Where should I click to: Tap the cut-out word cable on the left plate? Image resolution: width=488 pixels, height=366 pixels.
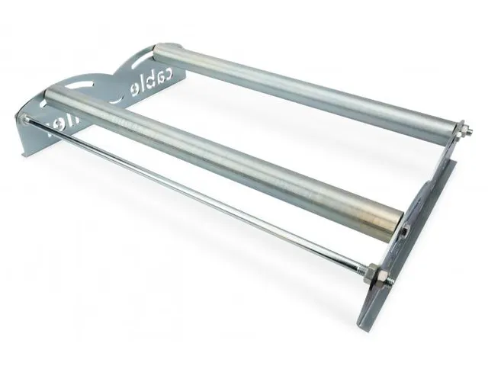click(x=149, y=81)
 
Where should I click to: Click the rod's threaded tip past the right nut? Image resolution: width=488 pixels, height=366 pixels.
click(x=393, y=284)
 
